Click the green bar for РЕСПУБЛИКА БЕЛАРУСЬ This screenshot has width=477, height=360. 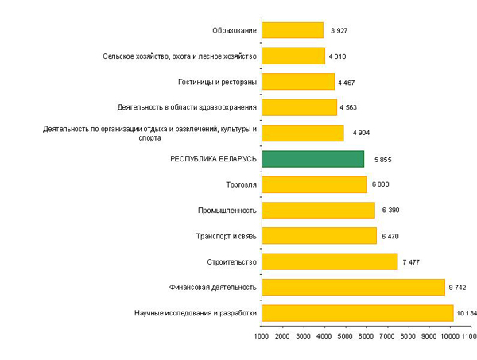point(312,159)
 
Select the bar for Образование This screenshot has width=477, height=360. point(292,30)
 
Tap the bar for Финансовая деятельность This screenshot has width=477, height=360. point(353,287)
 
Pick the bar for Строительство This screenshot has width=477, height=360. point(329,261)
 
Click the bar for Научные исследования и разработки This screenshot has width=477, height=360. point(357,312)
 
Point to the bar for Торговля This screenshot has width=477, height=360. point(314,184)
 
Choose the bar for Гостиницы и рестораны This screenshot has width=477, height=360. point(297,82)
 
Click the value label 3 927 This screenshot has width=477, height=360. point(339,31)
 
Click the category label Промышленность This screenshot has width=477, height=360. point(227,211)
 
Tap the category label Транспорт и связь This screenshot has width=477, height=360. point(226,236)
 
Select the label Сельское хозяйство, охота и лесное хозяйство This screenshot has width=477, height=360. point(180,56)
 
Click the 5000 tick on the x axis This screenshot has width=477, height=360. point(345,339)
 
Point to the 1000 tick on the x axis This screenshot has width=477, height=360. point(261,339)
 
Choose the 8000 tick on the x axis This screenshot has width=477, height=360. point(408,339)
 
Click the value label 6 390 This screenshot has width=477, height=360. point(391,211)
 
